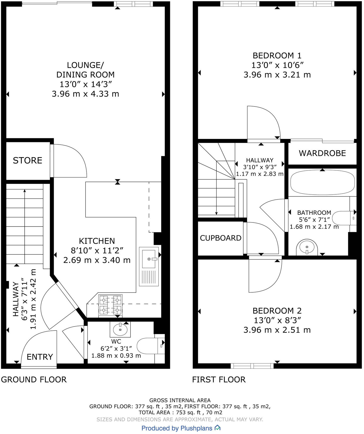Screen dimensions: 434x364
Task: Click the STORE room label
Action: [27, 160]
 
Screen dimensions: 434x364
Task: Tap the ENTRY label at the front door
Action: [40, 357]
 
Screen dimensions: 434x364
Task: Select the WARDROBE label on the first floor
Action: [322, 153]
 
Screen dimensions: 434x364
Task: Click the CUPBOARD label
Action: [220, 238]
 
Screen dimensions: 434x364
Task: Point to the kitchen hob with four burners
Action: [110, 305]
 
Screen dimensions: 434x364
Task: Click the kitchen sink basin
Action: [149, 259]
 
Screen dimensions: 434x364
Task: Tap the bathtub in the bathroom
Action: [322, 183]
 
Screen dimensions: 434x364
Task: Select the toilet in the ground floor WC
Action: [148, 346]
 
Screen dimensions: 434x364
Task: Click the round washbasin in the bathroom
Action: [307, 247]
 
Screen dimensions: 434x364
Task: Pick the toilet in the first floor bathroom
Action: [342, 218]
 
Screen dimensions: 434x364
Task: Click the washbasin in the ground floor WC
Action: [120, 330]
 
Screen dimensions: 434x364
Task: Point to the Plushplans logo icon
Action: [217, 428]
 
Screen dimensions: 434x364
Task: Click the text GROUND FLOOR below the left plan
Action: [34, 379]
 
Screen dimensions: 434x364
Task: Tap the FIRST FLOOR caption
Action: [219, 379]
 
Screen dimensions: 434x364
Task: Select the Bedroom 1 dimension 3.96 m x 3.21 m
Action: [277, 75]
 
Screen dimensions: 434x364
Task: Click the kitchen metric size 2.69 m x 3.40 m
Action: [97, 260]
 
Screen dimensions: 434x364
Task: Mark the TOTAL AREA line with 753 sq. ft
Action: [180, 412]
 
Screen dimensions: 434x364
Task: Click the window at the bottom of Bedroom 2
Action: [252, 366]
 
